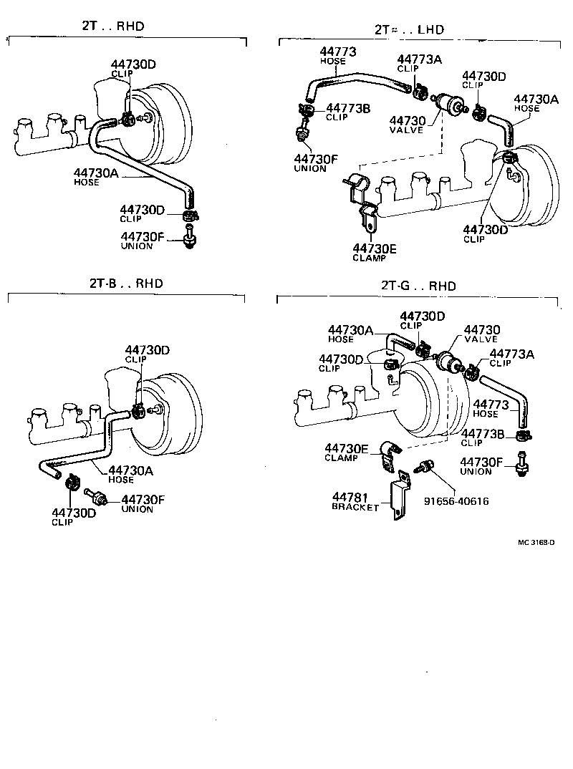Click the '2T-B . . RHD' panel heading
point(126,284)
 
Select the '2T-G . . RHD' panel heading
point(418,286)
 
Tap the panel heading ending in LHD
point(409,30)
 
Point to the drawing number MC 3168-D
point(536,542)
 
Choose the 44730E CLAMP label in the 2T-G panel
point(346,453)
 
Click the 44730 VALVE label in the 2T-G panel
point(482,334)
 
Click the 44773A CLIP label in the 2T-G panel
point(511,357)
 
